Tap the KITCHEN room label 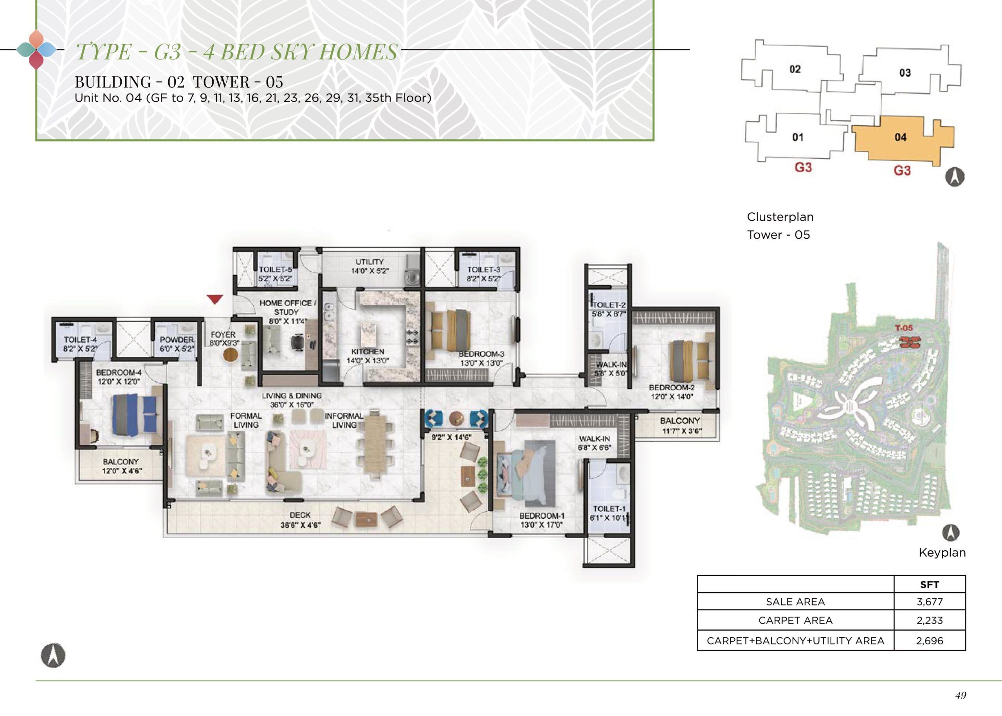(368, 352)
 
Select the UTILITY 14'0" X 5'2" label (370, 266)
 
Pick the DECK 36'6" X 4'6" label (300, 520)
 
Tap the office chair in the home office (298, 342)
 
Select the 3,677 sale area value (929, 601)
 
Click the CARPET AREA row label (795, 620)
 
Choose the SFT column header (929, 584)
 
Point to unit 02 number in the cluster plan (795, 69)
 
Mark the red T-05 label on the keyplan (904, 328)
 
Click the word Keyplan (942, 553)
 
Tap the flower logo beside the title (36, 49)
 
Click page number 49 (961, 695)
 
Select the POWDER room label (177, 340)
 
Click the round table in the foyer (231, 355)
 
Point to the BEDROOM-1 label (542, 516)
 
